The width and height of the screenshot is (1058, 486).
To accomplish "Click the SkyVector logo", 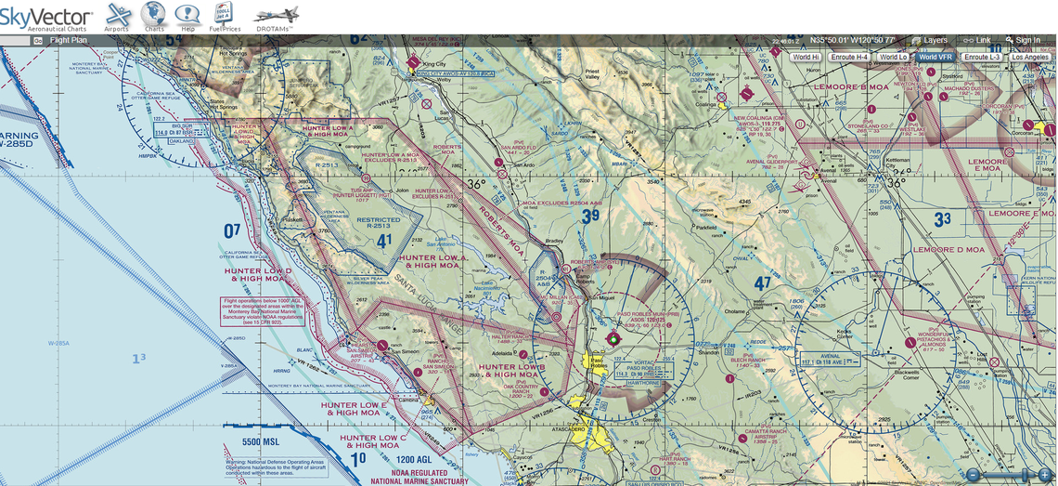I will (46, 17).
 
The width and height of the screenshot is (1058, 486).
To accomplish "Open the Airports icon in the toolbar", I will (118, 16).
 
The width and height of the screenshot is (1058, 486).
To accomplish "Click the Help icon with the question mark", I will (188, 16).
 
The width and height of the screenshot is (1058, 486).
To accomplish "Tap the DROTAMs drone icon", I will (276, 16).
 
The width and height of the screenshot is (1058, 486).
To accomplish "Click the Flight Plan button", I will (68, 41).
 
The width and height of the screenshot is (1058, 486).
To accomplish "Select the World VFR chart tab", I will (935, 58).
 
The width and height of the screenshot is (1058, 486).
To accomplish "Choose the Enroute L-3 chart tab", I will (982, 58).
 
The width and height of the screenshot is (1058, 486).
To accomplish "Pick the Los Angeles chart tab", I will (1030, 58).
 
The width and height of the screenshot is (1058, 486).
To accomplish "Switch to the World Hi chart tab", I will (805, 58).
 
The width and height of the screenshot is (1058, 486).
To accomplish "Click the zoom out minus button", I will (972, 475).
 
